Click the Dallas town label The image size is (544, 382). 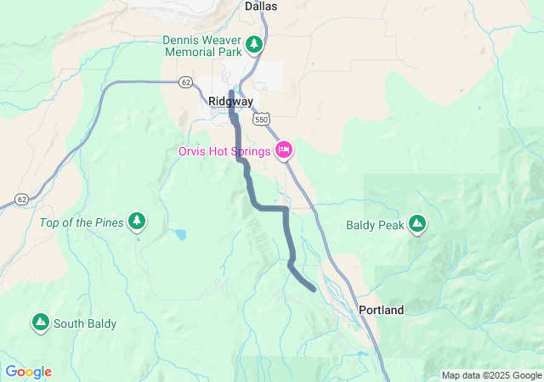click(261, 6)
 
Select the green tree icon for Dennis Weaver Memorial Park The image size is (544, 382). click(253, 43)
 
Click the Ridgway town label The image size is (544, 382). click(231, 101)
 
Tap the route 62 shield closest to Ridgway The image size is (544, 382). click(185, 81)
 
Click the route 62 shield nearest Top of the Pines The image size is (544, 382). click(21, 199)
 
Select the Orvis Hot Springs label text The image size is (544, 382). click(224, 151)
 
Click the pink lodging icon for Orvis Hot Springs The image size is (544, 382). click(284, 150)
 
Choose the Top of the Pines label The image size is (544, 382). click(81, 222)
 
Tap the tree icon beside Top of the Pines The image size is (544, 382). click(137, 222)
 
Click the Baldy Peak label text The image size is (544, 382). click(373, 225)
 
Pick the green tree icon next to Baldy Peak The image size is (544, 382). click(416, 224)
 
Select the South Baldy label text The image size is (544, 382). click(85, 323)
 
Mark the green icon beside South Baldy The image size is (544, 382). click(40, 323)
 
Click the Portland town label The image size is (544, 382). click(381, 310)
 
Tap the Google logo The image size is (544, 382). click(28, 372)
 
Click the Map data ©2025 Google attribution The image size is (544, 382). click(491, 375)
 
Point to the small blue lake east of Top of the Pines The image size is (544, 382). click(179, 233)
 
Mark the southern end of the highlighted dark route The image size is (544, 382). click(314, 289)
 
